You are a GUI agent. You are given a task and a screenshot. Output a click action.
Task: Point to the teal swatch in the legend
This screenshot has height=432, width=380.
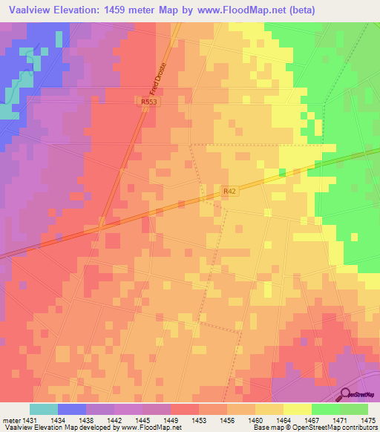43,409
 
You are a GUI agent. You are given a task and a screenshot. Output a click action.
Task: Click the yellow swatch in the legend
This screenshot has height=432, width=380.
297,409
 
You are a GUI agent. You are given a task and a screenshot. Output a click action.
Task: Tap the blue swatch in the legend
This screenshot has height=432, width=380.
71,409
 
